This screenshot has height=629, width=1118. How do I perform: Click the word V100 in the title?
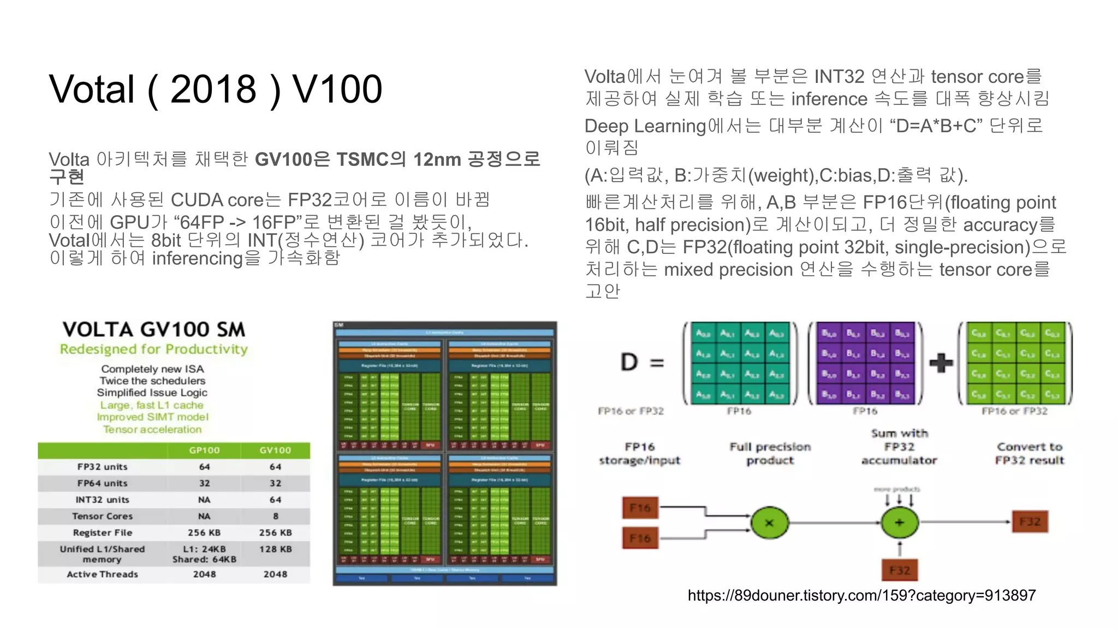(x=337, y=89)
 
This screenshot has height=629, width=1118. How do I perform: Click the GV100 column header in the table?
(x=275, y=450)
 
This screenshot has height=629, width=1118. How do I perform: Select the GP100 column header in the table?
(x=204, y=450)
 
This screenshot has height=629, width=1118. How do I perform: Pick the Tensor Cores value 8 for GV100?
(x=276, y=516)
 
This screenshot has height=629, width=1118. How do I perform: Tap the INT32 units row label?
(x=102, y=500)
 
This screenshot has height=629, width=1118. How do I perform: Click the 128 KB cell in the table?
(x=275, y=549)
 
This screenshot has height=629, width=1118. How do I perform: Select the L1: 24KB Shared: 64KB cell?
(x=204, y=554)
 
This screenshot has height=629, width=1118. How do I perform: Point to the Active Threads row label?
(x=102, y=574)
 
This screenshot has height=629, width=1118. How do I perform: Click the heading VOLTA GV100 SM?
(x=153, y=330)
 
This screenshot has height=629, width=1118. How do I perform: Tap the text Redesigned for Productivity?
(x=153, y=349)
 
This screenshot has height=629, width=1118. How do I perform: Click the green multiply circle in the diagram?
(x=769, y=523)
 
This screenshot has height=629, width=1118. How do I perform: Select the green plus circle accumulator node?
(x=899, y=523)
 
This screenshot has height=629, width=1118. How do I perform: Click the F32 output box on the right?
(x=1030, y=522)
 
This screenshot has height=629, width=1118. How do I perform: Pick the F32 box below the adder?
(x=899, y=571)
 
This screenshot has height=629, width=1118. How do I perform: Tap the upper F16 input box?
(x=640, y=508)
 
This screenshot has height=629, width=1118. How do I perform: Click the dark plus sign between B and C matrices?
(x=941, y=363)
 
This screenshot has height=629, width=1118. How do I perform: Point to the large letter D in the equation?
(x=629, y=363)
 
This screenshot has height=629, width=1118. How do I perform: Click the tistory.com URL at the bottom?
(x=861, y=596)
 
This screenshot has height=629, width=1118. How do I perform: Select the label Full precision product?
(x=770, y=454)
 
